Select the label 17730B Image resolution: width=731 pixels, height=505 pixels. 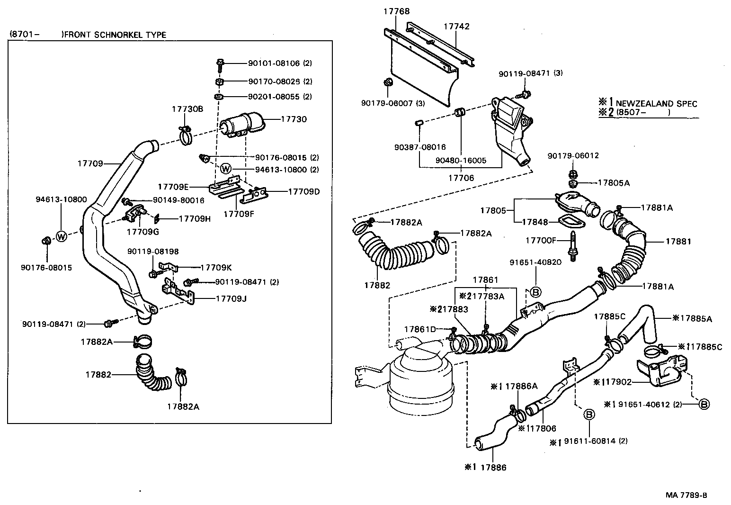pos(187,109)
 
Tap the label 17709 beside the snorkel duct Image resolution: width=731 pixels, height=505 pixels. pos(90,163)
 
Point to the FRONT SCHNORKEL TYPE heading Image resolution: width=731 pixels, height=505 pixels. pos(115,35)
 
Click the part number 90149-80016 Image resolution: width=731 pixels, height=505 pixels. pos(172,200)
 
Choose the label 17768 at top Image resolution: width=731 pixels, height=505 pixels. pos(396,11)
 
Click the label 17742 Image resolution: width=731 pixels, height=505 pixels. pos(456,27)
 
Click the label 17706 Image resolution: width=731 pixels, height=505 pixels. pos(461,178)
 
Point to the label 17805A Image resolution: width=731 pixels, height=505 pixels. pos(614,183)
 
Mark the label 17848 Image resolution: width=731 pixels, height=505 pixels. pos(535,222)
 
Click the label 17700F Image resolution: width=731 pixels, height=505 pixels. pos(541,241)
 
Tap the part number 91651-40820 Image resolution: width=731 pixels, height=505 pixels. pos(535,262)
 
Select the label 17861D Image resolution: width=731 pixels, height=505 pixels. pos(420,329)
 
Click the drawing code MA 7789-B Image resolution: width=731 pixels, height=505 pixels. pos(686,496)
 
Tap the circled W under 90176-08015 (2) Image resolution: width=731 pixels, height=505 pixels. pos(226,169)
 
